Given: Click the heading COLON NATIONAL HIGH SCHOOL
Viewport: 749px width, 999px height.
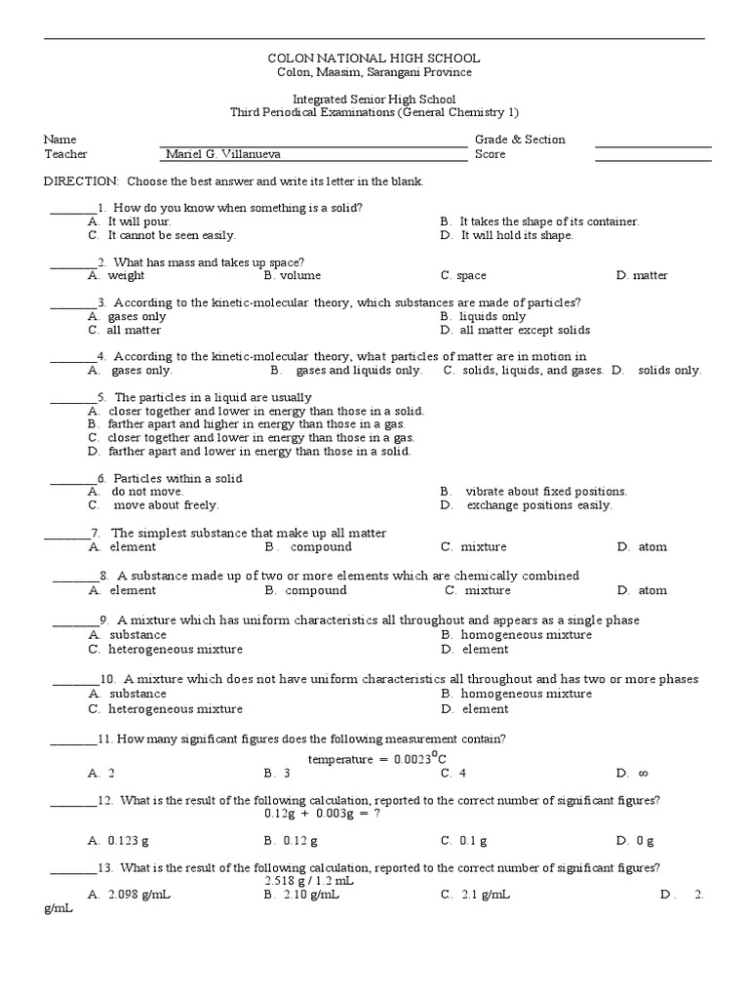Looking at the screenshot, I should tap(374, 59).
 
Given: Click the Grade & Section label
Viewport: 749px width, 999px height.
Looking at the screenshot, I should tap(520, 140).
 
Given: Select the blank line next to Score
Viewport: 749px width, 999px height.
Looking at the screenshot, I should tap(652, 154).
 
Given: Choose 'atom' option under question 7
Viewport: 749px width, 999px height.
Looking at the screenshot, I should tap(652, 546).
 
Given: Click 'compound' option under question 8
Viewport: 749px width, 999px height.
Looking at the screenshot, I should tap(316, 590).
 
